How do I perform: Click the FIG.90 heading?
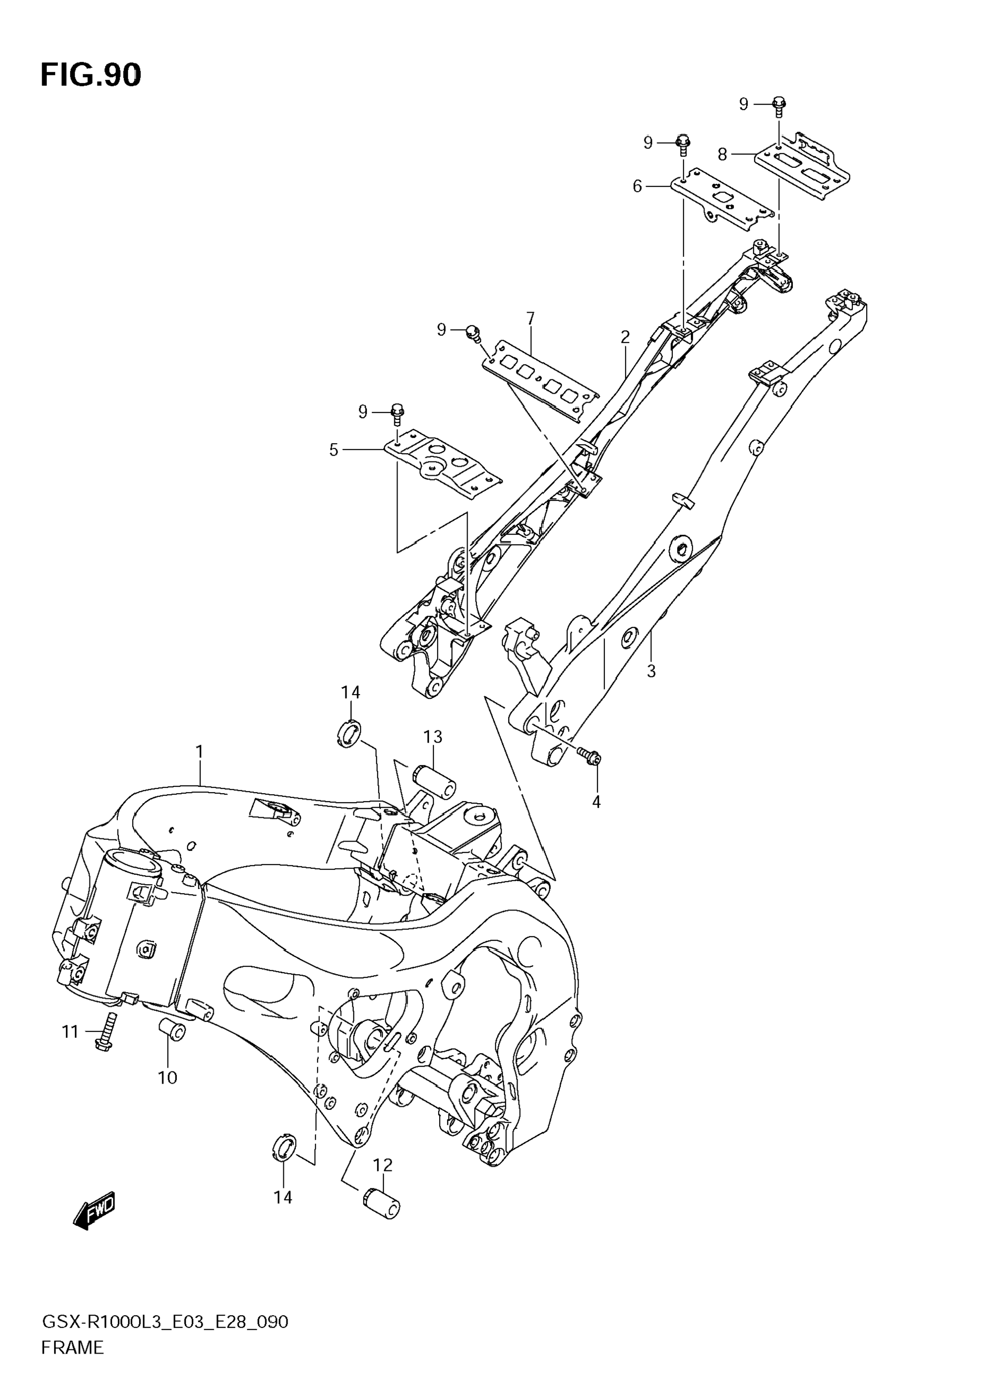click(x=91, y=75)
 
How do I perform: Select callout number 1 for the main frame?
click(x=199, y=752)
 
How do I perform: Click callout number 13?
click(x=432, y=737)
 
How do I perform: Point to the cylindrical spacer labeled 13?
click(x=434, y=782)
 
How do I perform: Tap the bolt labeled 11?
click(x=107, y=1032)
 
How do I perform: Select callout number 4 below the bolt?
click(x=596, y=802)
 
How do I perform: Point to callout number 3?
click(x=651, y=671)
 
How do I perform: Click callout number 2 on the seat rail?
click(x=625, y=337)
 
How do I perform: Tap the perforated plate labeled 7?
click(x=540, y=379)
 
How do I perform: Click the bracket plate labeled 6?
click(x=722, y=199)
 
